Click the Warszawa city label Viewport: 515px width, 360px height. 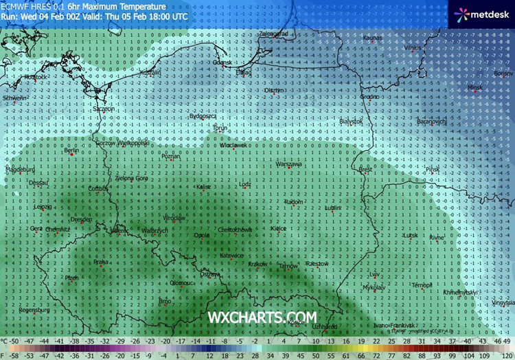pos(288,165)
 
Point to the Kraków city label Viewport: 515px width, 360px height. pos(258,264)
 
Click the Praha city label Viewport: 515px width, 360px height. pos(101,261)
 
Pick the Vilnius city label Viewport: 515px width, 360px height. pos(412,49)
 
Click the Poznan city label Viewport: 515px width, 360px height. pos(170,157)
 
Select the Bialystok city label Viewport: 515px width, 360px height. pos(352,121)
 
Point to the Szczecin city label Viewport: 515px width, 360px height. pos(104,109)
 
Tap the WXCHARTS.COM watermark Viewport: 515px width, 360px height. pos(263,317)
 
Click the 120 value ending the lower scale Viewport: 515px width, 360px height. pos(506,355)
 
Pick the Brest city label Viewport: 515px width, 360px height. pos(365,168)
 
